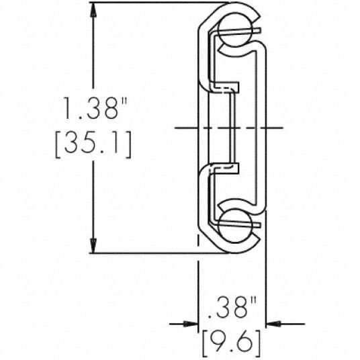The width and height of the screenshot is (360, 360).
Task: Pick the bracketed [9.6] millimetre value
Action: pos(230,344)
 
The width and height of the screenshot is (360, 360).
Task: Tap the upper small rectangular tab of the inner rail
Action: pos(230,88)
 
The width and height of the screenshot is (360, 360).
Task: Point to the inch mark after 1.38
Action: pos(124,101)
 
